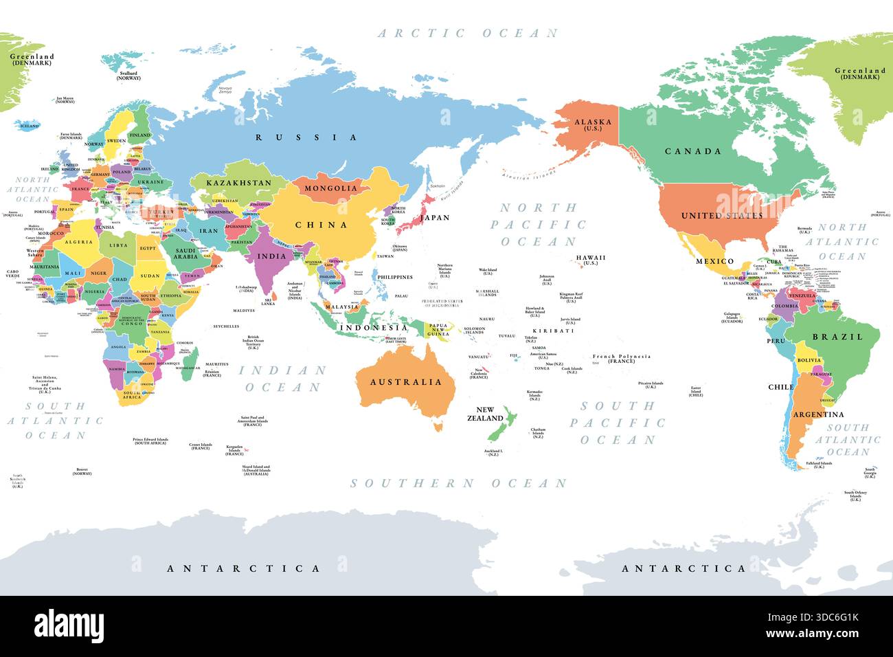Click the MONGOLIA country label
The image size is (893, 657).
click(x=331, y=188)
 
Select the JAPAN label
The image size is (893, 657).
click(x=434, y=218)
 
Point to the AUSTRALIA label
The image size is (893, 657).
click(x=406, y=382)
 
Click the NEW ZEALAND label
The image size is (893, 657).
click(x=485, y=414)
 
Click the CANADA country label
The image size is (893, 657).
click(x=693, y=151)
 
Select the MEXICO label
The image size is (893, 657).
click(x=715, y=261)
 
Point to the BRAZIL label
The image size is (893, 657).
click(x=837, y=337)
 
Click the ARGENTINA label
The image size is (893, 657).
click(x=818, y=414)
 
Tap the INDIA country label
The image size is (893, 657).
click(x=271, y=256)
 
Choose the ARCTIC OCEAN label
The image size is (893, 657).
click(x=468, y=33)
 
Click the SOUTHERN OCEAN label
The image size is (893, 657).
click(x=458, y=484)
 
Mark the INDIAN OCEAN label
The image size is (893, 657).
click(x=282, y=379)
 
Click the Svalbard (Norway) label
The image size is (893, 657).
click(x=128, y=76)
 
